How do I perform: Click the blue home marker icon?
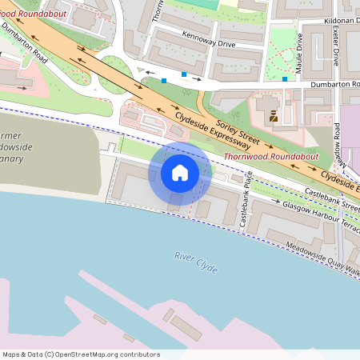coord(180,172)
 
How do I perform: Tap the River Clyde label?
coord(196,262)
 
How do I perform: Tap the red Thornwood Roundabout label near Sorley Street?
coord(271,157)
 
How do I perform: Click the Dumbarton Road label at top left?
coord(23,41)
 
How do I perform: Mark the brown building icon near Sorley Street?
coord(274,116)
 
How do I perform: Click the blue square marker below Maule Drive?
coord(285,79)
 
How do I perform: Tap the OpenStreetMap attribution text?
coord(80,354)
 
